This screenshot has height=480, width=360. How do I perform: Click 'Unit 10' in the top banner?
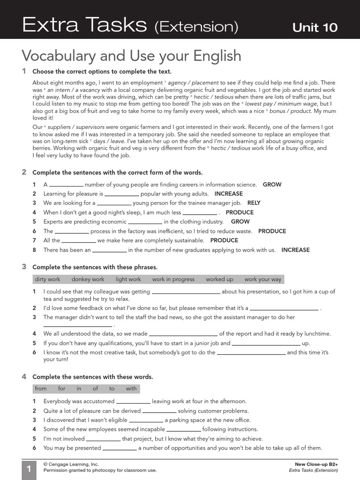click(x=315, y=28)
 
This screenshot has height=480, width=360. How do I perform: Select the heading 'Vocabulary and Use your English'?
click(x=131, y=56)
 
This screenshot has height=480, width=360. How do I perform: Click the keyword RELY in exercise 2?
click(x=254, y=203)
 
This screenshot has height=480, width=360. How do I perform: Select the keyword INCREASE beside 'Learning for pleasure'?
click(x=229, y=194)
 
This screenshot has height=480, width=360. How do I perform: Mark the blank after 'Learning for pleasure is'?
click(x=122, y=195)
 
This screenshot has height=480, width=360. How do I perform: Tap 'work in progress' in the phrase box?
click(x=173, y=279)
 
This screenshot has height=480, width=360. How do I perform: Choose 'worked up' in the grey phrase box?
click(x=219, y=279)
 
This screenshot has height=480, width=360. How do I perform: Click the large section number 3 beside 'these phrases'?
click(x=24, y=267)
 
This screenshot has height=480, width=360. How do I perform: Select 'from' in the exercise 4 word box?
click(x=41, y=389)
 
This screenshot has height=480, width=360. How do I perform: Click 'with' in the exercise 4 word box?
click(x=131, y=389)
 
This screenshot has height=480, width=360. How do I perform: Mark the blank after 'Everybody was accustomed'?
click(x=133, y=402)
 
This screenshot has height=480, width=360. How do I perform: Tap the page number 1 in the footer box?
click(x=28, y=469)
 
